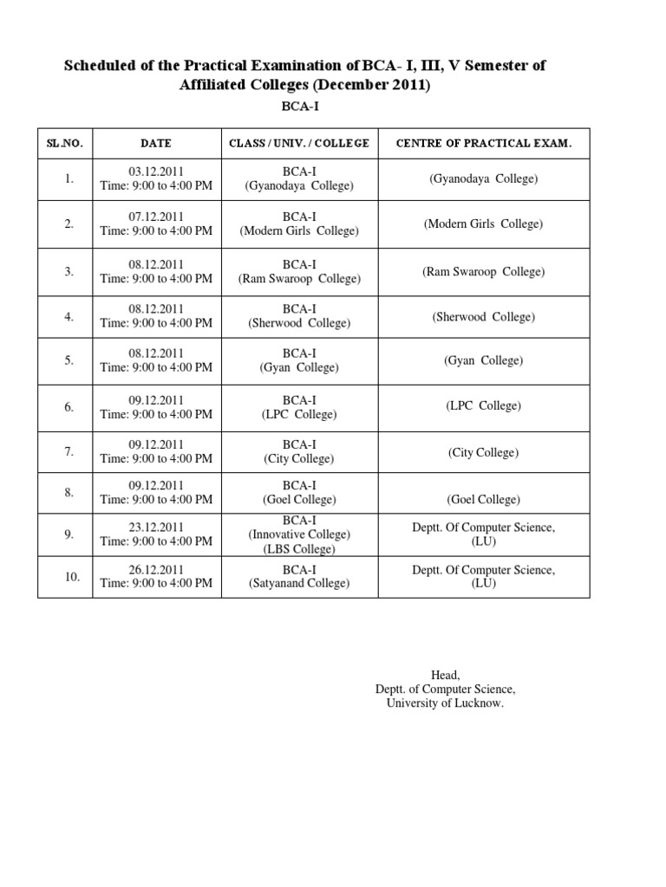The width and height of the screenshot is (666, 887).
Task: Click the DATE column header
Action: (156, 144)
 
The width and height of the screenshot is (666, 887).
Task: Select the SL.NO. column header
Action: (65, 144)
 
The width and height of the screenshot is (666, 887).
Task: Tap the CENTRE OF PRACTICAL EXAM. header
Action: (483, 144)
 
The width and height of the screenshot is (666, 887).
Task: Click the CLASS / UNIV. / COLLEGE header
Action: (298, 144)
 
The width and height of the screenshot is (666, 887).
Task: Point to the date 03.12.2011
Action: (156, 172)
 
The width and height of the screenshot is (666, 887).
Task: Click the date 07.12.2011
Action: (156, 217)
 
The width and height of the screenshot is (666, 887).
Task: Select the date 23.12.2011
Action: (156, 527)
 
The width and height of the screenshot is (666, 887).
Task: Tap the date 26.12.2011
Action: (156, 569)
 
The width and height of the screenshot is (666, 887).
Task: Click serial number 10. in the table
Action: (71, 576)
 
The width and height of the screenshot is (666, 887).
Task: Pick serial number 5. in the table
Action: (69, 360)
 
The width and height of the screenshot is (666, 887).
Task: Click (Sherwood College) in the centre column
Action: (483, 317)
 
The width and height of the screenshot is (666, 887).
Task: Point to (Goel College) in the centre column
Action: (483, 500)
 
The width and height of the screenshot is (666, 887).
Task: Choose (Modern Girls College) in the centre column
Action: (483, 224)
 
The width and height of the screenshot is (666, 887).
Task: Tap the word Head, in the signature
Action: (445, 675)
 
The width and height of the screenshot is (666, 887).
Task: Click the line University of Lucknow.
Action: (445, 703)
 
